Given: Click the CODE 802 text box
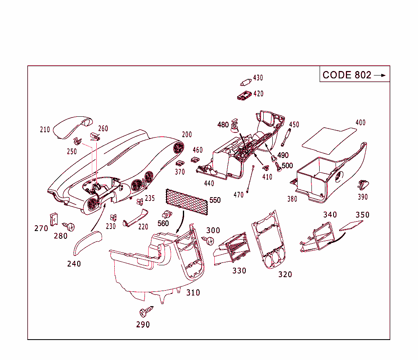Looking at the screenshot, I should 354,75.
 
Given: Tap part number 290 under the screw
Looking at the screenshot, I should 143,325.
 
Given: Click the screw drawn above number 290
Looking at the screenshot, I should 145,312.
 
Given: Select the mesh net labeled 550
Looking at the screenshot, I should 187,202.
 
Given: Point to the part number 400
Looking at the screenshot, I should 360,122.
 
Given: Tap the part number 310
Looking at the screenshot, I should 193,293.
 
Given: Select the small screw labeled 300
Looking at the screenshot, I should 210,240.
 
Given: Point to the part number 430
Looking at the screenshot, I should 258,78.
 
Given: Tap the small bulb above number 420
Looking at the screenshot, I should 245,82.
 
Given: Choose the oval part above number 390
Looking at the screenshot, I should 362,186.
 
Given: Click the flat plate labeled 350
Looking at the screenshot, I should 351,226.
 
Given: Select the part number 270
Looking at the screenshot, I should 41,229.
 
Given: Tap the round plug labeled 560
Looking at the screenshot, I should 167,214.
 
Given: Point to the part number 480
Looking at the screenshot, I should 223,125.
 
